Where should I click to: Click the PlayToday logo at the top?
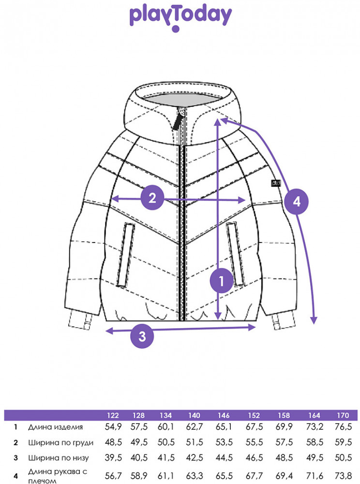(180, 18)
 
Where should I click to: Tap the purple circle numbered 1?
(221, 281)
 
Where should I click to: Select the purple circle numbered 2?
(152, 198)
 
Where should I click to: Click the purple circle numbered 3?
(142, 336)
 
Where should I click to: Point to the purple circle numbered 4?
(296, 202)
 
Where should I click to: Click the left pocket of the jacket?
(125, 255)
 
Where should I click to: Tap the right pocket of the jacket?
(236, 254)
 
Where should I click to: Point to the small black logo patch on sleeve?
(276, 183)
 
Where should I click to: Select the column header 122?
(113, 415)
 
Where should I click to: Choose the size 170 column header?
(343, 415)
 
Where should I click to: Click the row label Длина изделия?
(56, 427)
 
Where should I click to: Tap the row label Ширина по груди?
(61, 443)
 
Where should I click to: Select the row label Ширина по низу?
(58, 458)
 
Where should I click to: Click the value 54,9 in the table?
(113, 427)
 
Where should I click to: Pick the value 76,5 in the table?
(343, 427)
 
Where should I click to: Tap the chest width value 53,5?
(224, 442)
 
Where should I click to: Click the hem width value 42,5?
(195, 457)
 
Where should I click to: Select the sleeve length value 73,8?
(343, 476)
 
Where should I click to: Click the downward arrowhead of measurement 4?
(314, 320)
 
